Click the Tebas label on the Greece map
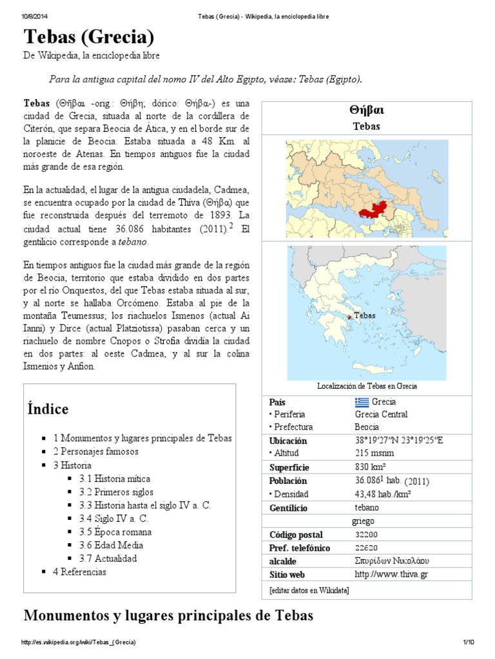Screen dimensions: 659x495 coord(364,316)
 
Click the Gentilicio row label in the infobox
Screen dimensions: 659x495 coord(288,508)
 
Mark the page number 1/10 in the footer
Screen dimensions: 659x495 coord(468,643)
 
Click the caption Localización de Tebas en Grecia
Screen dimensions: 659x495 coord(367,386)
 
